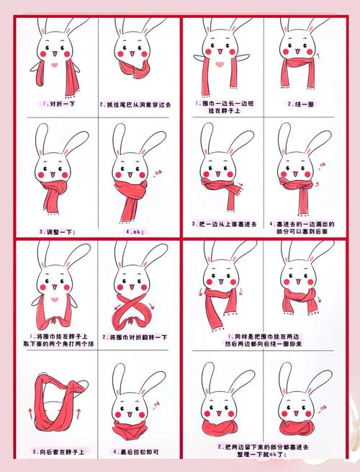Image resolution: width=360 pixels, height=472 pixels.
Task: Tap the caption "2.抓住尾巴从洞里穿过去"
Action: click(x=135, y=104)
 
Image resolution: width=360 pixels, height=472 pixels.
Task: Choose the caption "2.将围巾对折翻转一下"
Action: click(x=135, y=337)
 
